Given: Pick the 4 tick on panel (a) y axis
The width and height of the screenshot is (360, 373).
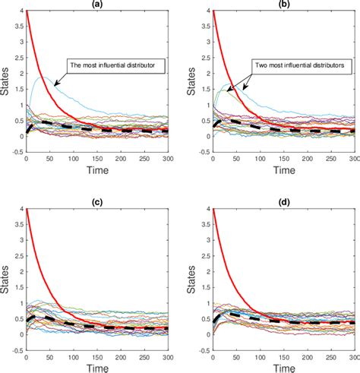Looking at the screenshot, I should (21, 11).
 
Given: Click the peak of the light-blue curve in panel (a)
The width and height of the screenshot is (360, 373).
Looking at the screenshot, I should (44, 77).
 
